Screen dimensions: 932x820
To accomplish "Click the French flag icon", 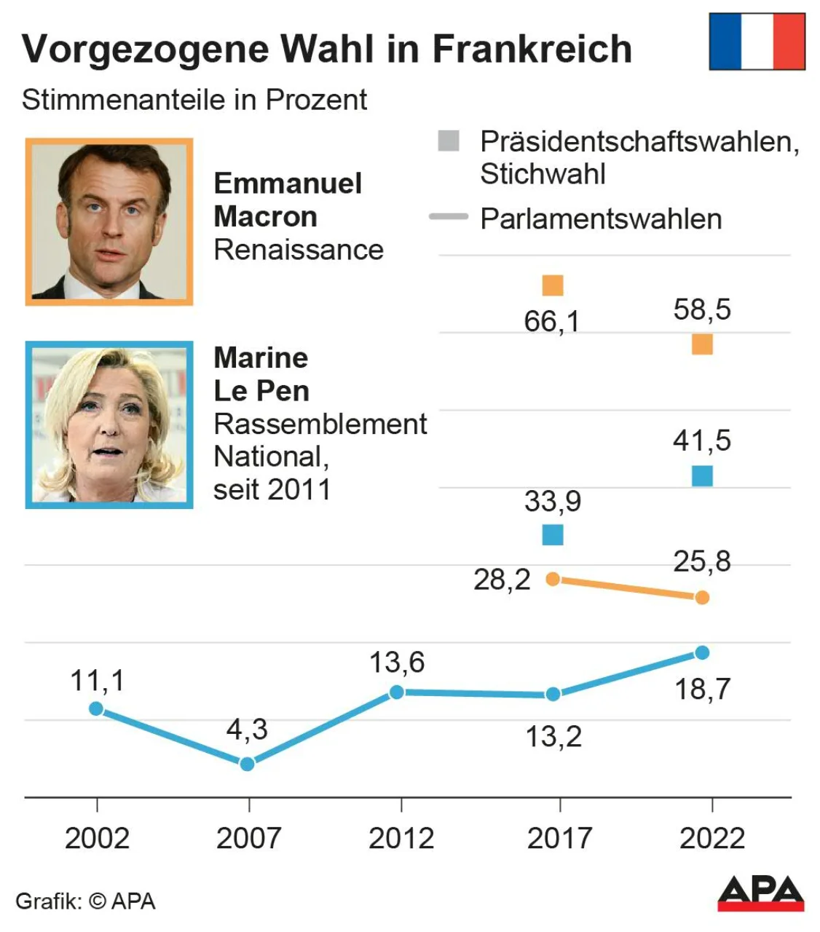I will coord(757,42).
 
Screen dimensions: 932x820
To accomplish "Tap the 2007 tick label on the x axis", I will coord(248,838).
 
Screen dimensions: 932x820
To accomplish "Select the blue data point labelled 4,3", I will coord(248,764).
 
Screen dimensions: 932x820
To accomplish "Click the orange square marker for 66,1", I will coord(553,285).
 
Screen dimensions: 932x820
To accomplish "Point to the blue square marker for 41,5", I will coord(702,476).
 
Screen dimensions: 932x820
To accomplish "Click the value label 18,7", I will coord(702,689).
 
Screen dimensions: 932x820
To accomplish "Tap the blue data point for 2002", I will coord(96,708).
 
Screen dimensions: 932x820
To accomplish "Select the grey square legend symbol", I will coord(449,141).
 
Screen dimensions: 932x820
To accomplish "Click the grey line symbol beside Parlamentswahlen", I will coord(449,217).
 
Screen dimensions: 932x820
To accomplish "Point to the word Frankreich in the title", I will coord(532,50).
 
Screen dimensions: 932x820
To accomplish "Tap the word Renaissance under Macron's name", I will coord(299,250).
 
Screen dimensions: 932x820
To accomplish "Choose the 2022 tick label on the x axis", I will coord(711,838).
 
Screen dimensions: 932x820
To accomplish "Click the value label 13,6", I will coord(397,663).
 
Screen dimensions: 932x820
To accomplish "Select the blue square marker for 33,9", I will coord(553,535).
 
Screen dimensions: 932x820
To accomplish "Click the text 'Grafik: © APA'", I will coord(85,901).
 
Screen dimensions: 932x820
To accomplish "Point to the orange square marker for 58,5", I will coord(702,344).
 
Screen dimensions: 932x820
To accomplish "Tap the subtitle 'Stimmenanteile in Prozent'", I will coord(194,100).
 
